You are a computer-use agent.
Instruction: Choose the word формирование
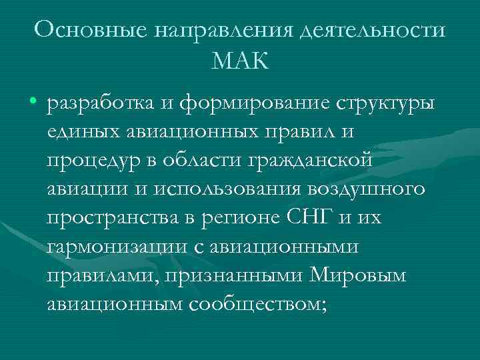pos(243,105)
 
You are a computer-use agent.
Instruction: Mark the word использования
pos(229,189)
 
